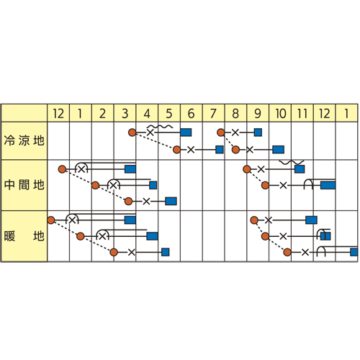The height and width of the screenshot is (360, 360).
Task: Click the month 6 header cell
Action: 192,113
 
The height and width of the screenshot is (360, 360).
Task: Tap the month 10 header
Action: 280,113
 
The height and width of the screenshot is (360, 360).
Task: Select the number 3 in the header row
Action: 125,114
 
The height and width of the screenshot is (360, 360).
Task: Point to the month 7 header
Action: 213,113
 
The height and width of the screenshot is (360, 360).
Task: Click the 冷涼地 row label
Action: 24,140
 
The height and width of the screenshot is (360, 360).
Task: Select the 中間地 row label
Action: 24,185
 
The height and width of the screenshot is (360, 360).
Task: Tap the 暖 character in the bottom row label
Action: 9,236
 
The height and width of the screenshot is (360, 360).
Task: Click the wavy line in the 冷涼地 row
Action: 160,127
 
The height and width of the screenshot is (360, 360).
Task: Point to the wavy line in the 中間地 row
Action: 292,162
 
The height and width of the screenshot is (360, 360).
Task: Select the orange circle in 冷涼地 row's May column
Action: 177,150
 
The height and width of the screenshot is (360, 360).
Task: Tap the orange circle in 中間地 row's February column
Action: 96,185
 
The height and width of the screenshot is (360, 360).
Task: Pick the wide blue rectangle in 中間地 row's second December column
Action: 328,185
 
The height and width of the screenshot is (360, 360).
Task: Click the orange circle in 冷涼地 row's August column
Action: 221,132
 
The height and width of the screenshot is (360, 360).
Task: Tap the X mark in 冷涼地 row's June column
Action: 191,150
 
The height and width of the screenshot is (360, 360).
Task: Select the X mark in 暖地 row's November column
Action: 305,252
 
